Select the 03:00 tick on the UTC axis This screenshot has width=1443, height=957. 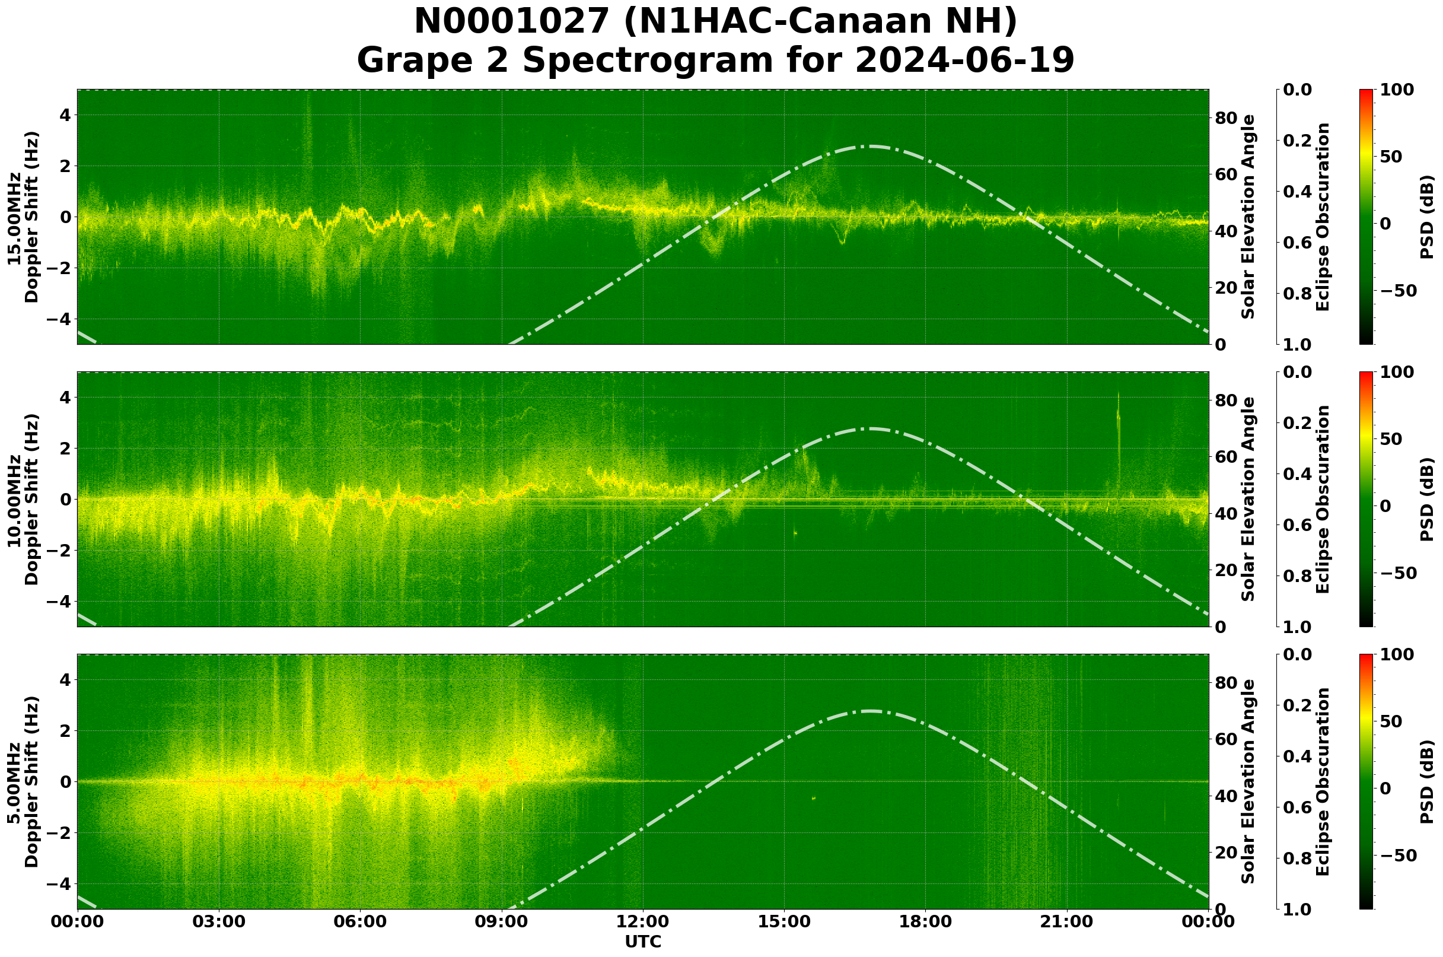219,921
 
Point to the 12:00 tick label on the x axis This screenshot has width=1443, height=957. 643,921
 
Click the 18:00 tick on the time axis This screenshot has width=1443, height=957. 926,921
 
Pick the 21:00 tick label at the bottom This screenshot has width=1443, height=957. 1067,921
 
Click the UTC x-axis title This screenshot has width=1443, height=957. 643,942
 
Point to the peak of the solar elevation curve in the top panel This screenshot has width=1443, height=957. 871,146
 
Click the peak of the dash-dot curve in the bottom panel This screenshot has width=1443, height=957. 871,711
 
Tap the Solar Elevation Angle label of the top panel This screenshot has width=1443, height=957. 1248,217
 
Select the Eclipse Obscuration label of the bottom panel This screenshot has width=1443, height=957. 1322,781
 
